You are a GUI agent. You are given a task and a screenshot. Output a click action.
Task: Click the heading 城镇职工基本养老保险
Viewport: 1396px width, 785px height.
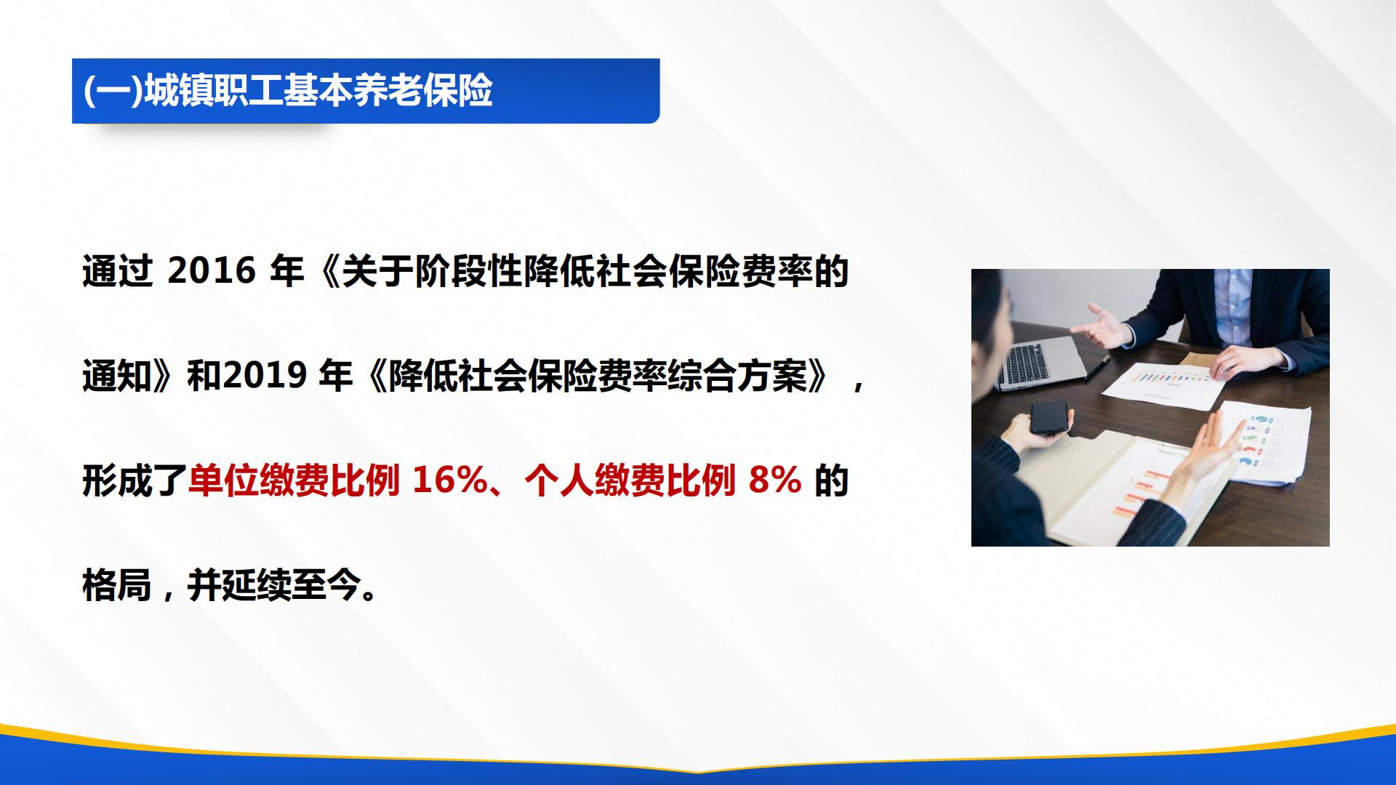318,92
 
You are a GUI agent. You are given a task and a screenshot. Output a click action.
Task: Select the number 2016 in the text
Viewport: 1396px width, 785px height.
212,272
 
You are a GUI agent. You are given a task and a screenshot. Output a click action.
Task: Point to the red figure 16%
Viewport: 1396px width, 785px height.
449,481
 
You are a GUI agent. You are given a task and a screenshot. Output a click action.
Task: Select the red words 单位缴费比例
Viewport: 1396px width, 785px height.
293,481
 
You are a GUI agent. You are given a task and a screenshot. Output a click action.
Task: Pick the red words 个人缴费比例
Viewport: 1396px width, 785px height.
629,481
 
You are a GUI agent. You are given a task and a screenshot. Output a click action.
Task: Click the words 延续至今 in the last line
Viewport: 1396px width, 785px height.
275,586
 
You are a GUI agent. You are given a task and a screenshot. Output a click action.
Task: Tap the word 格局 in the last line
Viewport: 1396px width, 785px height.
116,586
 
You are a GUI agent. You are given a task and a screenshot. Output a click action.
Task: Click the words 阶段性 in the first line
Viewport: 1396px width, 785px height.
468,272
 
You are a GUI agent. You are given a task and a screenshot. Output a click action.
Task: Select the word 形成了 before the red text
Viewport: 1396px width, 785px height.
135,481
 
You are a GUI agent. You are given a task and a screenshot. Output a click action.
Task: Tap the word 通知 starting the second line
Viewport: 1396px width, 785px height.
116,377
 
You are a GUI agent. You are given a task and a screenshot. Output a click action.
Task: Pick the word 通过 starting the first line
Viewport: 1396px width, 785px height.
116,272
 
